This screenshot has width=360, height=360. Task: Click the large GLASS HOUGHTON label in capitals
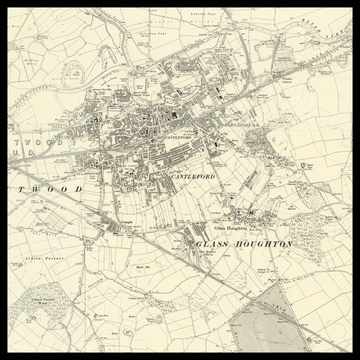coord(245,244)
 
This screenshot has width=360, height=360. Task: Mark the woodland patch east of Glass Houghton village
coord(318,228)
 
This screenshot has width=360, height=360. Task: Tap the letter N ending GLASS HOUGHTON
coord(290,244)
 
